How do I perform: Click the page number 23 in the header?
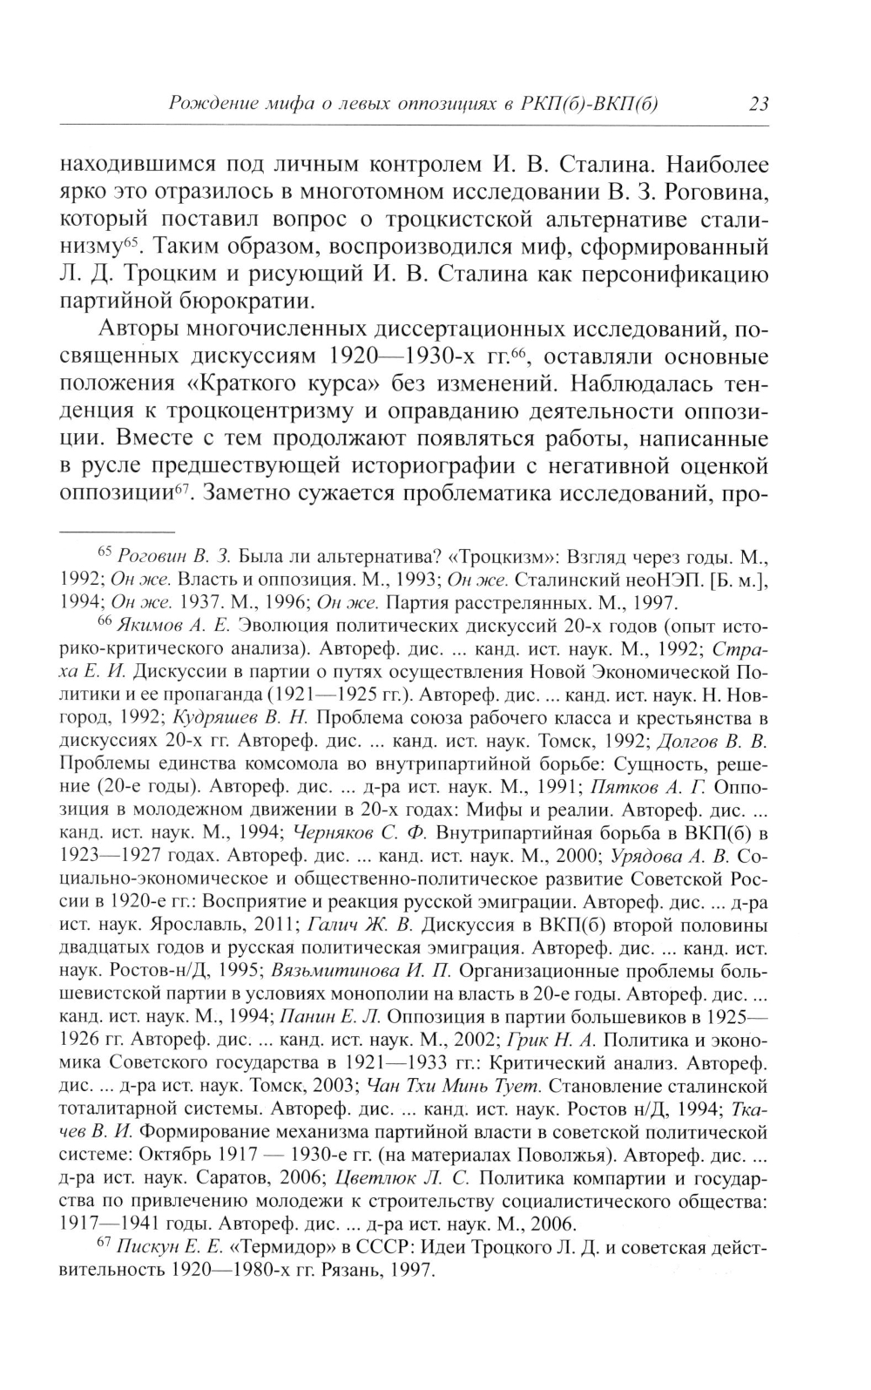[758, 105]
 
